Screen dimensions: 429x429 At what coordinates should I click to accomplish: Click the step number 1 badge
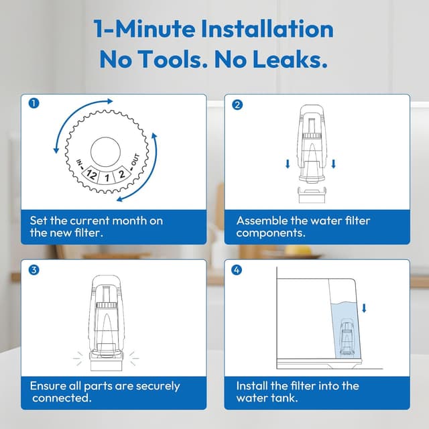tap(34, 103)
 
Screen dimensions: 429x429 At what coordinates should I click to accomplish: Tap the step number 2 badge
tap(237, 105)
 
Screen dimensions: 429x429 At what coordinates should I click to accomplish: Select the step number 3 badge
tap(34, 270)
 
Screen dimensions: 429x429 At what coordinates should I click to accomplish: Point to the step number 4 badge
tap(237, 270)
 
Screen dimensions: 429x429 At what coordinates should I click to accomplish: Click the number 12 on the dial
tap(91, 174)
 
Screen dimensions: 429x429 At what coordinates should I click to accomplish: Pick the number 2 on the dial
tap(121, 174)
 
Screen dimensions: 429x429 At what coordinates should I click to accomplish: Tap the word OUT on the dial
tap(135, 160)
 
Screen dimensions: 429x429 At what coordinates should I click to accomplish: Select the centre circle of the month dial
tap(106, 152)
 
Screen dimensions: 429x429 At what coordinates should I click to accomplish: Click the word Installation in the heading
tap(267, 29)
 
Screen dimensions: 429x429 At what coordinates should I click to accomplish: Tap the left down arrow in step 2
tap(288, 164)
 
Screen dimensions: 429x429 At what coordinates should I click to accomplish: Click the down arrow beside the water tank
tap(364, 308)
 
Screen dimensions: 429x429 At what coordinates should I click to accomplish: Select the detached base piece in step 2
tap(312, 195)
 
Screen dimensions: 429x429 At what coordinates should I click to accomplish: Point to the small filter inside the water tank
tap(347, 338)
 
